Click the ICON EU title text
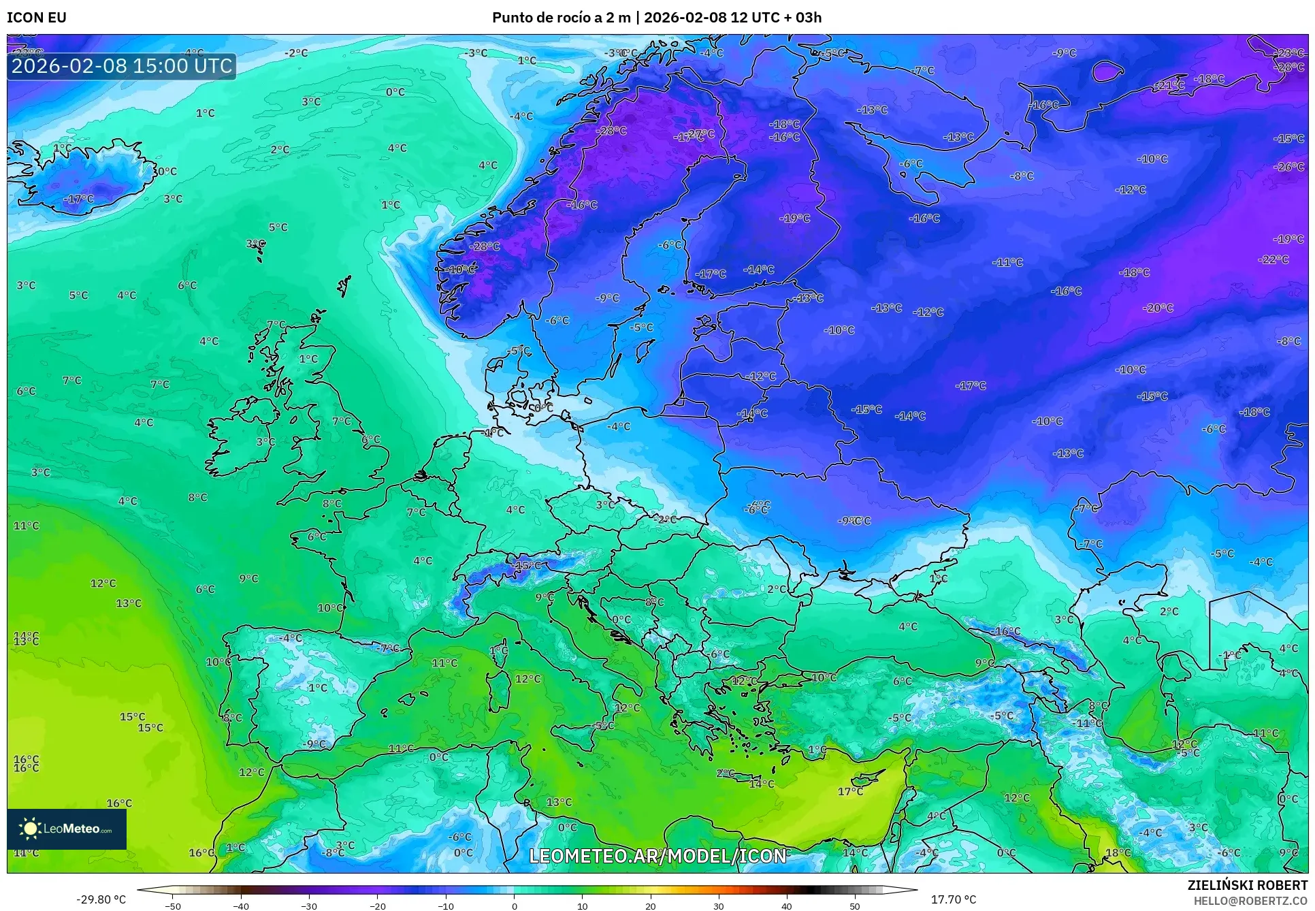pos(37,17)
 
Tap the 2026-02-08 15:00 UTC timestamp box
pos(122,66)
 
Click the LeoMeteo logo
pos(67,829)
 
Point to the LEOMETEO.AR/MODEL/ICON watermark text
pos(657,856)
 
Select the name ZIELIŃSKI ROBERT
pos(1247,885)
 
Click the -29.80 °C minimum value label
pos(101,899)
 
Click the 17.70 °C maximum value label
pos(953,899)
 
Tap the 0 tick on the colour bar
pos(514,906)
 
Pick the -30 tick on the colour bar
pos(309,906)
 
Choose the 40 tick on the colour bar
pos(787,906)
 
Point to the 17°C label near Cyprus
pos(850,791)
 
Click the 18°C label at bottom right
pos(1118,852)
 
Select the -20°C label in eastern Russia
pos(1158,308)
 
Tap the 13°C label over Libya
pos(559,802)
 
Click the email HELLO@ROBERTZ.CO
pos(1250,900)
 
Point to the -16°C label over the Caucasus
pos(1006,631)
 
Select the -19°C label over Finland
pos(794,219)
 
